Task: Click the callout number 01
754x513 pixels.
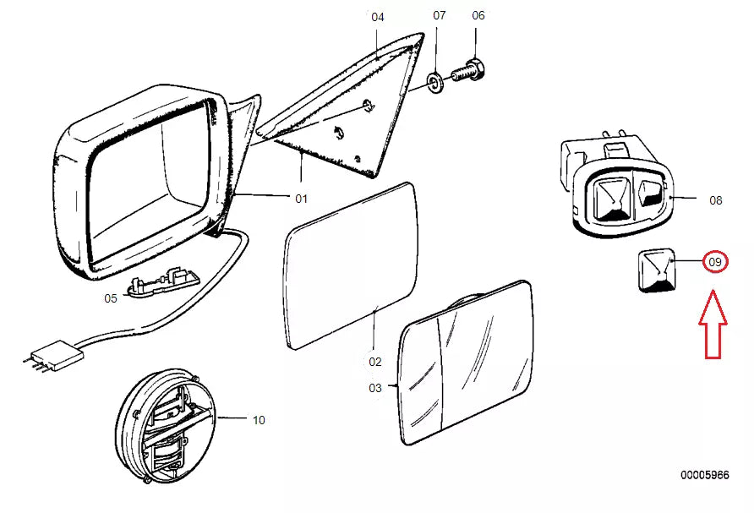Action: (301, 199)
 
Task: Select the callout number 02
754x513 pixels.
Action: (375, 362)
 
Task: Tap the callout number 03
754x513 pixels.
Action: (375, 388)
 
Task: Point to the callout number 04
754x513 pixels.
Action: (378, 17)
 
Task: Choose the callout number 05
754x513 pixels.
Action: (111, 298)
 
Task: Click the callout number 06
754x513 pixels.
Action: (478, 15)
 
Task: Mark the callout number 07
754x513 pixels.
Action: (440, 15)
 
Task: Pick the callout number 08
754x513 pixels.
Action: (716, 200)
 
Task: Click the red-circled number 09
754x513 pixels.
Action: (715, 262)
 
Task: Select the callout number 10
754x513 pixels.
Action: (259, 420)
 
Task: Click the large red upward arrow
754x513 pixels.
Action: (713, 325)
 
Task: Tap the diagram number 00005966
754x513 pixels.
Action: (704, 475)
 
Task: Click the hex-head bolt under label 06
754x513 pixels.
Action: (468, 73)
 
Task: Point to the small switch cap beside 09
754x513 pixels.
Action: (656, 270)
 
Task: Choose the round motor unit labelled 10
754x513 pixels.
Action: (166, 425)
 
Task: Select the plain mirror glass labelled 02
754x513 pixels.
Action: (351, 266)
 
